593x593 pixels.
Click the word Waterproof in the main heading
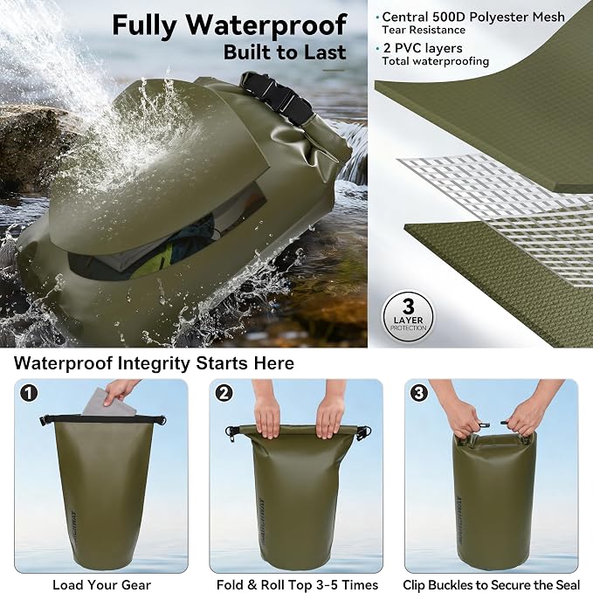point(266,25)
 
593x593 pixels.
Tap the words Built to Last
point(285,52)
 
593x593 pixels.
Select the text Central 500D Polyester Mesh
point(473,17)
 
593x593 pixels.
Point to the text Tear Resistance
point(424,30)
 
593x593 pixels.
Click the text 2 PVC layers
point(423,48)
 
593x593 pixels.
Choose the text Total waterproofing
point(435,61)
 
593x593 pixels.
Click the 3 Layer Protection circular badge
point(408,315)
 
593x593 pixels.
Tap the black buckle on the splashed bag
point(278,97)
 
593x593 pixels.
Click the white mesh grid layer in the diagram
point(492,211)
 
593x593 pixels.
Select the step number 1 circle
point(29,393)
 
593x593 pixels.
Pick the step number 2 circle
point(224,393)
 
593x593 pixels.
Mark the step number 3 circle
point(419,393)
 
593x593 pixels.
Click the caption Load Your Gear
point(101,584)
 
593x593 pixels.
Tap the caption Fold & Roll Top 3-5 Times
point(297,584)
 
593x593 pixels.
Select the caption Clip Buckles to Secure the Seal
point(492,584)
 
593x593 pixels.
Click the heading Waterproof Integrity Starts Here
point(154,363)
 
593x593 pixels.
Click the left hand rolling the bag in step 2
point(267,416)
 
